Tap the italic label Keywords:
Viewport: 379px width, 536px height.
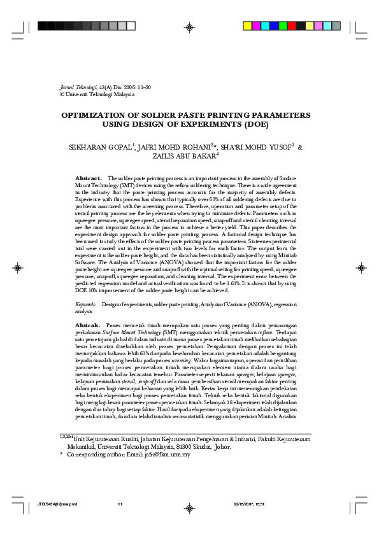(x=86, y=306)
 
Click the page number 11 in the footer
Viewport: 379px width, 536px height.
(x=119, y=505)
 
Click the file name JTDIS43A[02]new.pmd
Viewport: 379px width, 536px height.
(x=57, y=505)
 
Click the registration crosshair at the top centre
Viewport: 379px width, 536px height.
(x=190, y=27)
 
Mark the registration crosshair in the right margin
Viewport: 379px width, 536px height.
(x=361, y=268)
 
